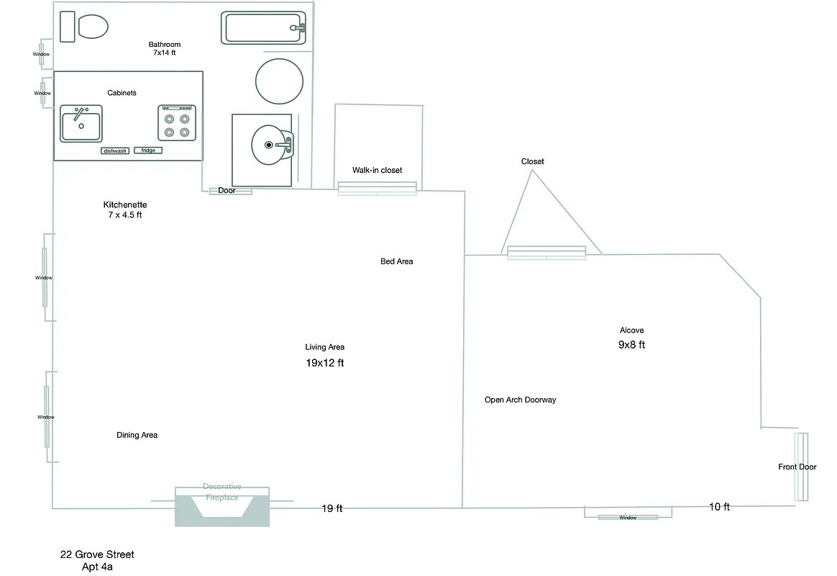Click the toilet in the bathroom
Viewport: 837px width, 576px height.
85,27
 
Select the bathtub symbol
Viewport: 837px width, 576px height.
263,28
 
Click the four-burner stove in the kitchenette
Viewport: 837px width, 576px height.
177,123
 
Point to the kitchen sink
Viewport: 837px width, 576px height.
81,124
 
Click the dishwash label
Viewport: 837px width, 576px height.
115,150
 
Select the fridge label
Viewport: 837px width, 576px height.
148,150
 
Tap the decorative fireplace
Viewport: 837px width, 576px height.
222,506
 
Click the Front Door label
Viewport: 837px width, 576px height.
797,467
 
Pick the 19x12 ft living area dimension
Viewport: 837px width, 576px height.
325,363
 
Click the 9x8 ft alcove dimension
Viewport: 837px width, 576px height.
631,345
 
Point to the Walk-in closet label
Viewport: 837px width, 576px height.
377,170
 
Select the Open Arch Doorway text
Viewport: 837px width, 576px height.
520,400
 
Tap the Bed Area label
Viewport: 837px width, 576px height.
396,261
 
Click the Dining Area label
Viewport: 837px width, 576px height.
137,435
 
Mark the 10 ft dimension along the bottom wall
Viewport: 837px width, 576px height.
719,507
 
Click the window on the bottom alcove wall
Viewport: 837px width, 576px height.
628,517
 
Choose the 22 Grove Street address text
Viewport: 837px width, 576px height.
97,554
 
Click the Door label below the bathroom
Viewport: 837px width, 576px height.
227,191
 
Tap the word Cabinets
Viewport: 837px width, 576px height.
122,93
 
